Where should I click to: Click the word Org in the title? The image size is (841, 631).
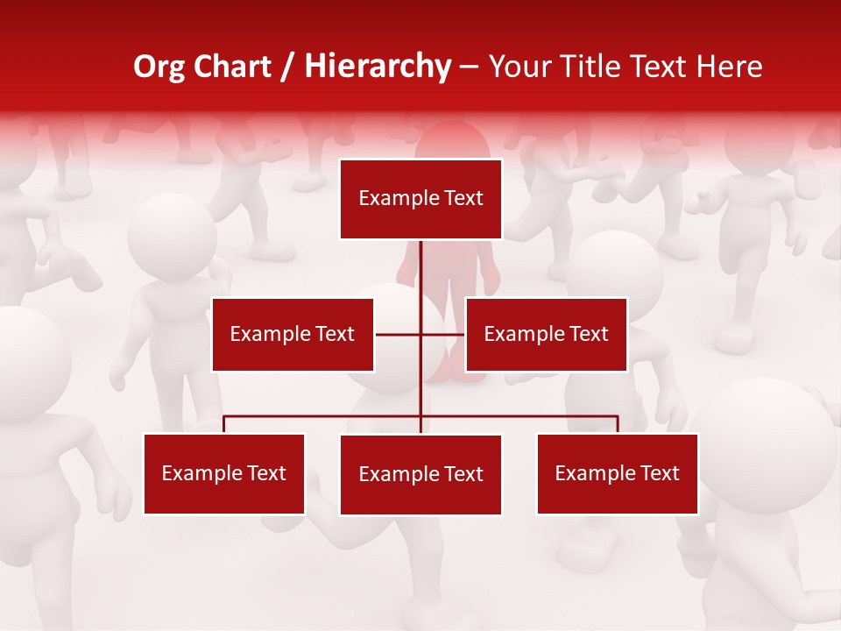pyautogui.click(x=159, y=67)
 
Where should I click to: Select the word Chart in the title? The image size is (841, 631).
pyautogui.click(x=230, y=67)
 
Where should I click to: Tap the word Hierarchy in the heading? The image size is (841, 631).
pyautogui.click(x=378, y=67)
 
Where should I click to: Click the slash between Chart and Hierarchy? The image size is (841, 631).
pyautogui.click(x=287, y=67)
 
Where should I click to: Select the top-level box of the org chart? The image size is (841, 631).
pyautogui.click(x=420, y=199)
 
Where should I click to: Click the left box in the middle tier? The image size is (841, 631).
pyautogui.click(x=293, y=334)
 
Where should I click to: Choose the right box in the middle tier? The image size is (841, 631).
pyautogui.click(x=546, y=334)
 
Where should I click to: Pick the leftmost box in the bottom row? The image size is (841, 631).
pyautogui.click(x=224, y=473)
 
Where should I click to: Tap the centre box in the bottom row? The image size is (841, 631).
pyautogui.click(x=420, y=474)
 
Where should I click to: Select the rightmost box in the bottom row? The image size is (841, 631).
pyautogui.click(x=617, y=473)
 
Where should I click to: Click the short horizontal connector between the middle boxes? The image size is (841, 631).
pyautogui.click(x=399, y=334)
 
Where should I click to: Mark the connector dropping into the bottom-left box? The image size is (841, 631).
pyautogui.click(x=224, y=424)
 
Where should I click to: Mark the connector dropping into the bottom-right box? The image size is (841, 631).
pyautogui.click(x=618, y=424)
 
